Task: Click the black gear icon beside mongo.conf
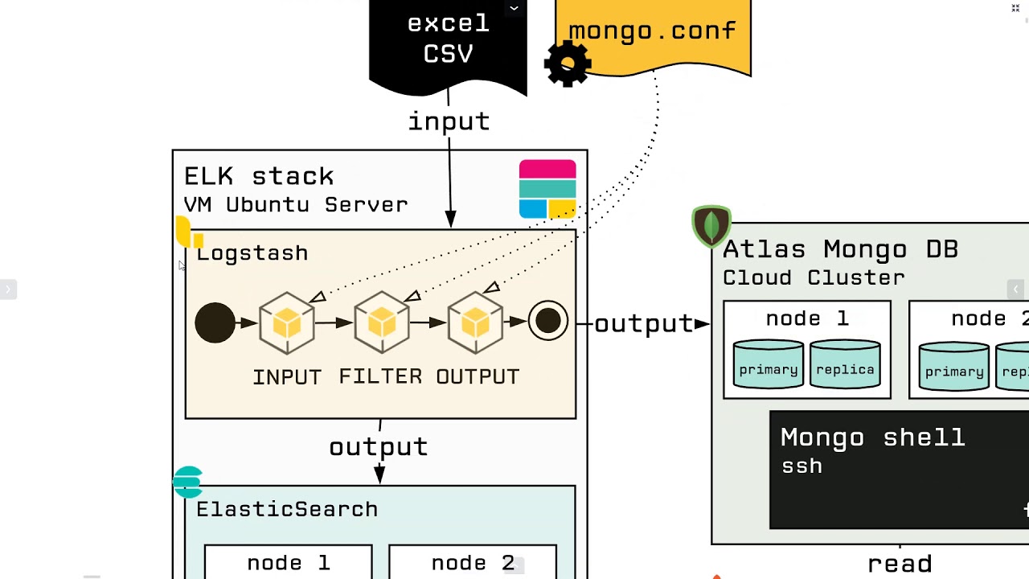568,64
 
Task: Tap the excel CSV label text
448,38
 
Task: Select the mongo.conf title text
652,31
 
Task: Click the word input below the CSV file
449,121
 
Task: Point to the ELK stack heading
259,176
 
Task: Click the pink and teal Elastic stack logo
547,189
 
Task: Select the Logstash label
252,253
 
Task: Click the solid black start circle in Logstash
215,323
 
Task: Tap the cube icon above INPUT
287,323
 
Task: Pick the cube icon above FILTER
382,323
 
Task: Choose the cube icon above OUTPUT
476,323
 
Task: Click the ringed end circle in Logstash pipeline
548,322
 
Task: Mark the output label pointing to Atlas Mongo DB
644,323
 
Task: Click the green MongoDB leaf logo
711,225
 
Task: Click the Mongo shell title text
872,437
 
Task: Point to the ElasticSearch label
287,509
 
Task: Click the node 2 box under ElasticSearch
473,563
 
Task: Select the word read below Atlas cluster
900,564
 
